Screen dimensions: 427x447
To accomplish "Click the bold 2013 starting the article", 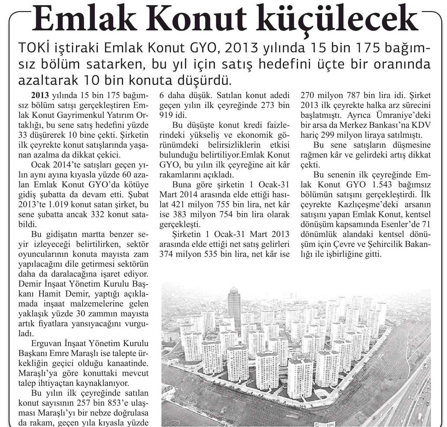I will [x=40, y=96].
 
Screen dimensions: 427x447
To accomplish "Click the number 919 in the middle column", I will [x=166, y=115].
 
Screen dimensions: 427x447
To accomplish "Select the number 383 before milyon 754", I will [x=179, y=215].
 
